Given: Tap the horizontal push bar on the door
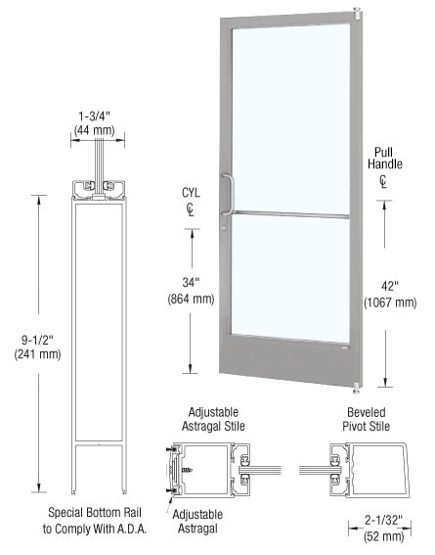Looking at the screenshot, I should click(x=290, y=214).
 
